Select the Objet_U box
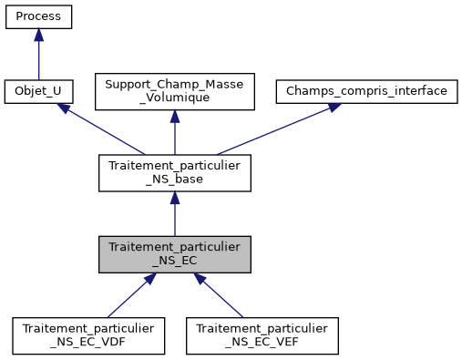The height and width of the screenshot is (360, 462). [38, 91]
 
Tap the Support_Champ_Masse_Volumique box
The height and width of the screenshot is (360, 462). [175, 91]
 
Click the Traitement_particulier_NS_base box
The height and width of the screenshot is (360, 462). [175, 172]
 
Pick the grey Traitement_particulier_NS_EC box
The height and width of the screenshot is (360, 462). [175, 254]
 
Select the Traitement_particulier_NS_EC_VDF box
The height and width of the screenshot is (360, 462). [88, 335]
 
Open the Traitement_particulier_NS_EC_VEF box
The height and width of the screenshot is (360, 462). [262, 335]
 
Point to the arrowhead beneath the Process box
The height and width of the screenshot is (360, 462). [38, 35]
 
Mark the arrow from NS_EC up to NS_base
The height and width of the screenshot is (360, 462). [175, 216]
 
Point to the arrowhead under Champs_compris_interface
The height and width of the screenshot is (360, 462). [334, 107]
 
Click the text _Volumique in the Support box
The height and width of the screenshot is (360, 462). [175, 98]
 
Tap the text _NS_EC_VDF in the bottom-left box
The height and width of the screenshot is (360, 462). [88, 343]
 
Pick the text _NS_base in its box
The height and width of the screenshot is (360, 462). [175, 180]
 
